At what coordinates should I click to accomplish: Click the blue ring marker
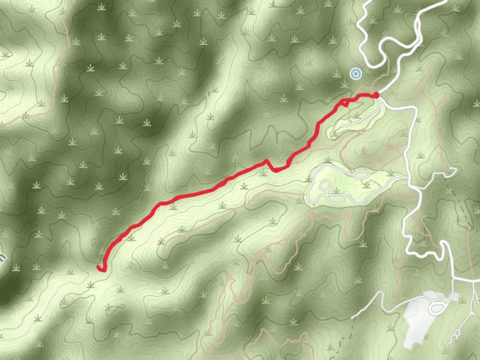(356, 74)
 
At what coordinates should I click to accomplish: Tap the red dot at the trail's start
(376, 96)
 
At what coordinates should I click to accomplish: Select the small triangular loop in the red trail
(345, 103)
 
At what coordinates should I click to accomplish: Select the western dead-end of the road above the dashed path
(353, 317)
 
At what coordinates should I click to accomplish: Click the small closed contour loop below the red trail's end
(113, 308)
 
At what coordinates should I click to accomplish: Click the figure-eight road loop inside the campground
(328, 193)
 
